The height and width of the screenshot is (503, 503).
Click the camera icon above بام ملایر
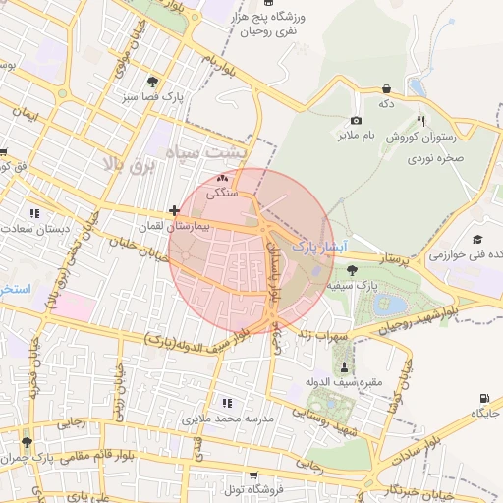tap(356, 120)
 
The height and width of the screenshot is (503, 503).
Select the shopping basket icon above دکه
tap(387, 87)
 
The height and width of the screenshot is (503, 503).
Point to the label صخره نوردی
tap(436, 156)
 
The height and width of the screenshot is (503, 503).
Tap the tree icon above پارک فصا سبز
tap(151, 82)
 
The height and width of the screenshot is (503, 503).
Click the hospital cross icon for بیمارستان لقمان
tap(174, 210)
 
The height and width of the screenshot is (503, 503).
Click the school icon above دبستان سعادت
tap(35, 212)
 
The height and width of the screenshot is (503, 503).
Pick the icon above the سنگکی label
tap(222, 179)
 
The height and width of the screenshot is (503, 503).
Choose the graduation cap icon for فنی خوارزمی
tap(477, 240)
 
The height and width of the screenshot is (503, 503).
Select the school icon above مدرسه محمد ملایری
tap(227, 403)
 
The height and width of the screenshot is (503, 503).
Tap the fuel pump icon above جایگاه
tap(483, 398)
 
